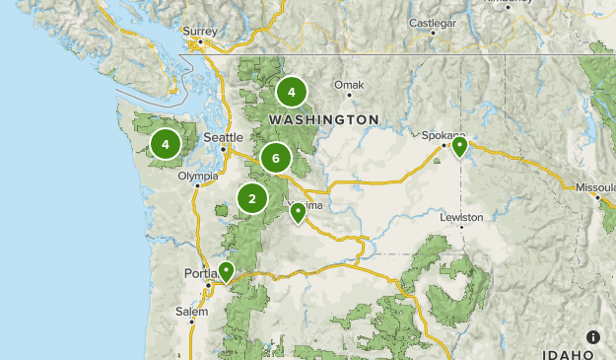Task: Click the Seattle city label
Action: click(x=222, y=138)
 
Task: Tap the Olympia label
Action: click(x=198, y=177)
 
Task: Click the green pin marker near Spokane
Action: click(x=459, y=147)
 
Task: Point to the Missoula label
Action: click(x=595, y=186)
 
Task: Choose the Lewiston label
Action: click(x=461, y=217)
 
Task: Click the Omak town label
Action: click(x=349, y=85)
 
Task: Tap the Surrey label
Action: click(x=199, y=31)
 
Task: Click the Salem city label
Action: click(x=192, y=312)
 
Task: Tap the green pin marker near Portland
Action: click(x=227, y=271)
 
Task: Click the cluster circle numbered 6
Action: click(x=276, y=158)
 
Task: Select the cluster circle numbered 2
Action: click(x=252, y=199)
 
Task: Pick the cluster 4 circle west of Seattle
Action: click(x=166, y=145)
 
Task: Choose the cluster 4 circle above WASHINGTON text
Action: click(x=291, y=92)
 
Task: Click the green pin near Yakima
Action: click(x=298, y=212)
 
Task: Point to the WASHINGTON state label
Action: click(x=323, y=119)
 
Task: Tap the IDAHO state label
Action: click(x=569, y=353)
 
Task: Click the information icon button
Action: click(x=592, y=337)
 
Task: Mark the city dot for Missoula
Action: click(x=598, y=197)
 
